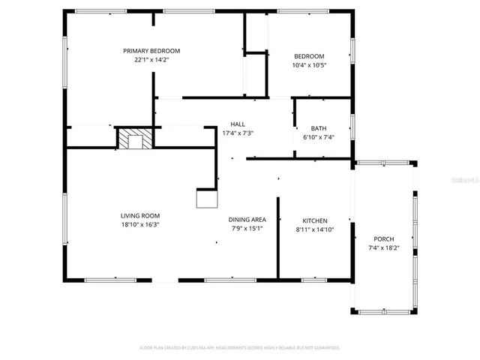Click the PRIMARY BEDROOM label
point(151,51)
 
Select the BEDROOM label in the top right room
point(309,56)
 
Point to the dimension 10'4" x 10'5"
point(309,65)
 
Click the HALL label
point(238,124)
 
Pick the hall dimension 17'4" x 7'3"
point(238,133)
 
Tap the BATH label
point(319,128)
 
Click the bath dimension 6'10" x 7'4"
point(319,137)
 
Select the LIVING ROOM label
point(141,215)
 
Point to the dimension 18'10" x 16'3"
point(141,224)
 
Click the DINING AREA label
point(247,220)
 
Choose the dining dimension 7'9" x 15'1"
point(247,229)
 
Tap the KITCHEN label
point(314,220)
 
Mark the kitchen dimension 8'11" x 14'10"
point(314,229)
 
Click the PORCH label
point(383,238)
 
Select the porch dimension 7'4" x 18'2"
point(383,247)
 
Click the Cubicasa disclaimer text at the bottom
point(240,348)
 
